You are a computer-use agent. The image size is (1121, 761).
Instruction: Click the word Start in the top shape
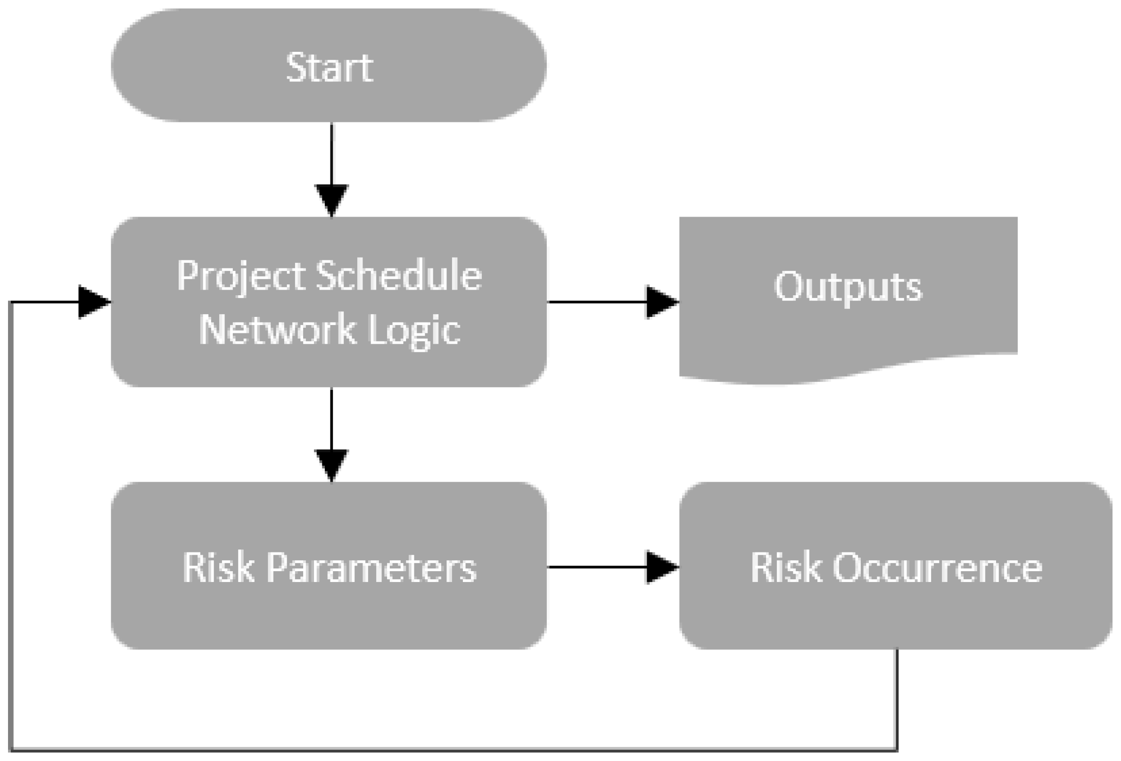click(329, 67)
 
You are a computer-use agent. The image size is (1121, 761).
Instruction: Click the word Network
click(277, 330)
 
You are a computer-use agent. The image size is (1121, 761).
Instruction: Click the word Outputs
click(848, 287)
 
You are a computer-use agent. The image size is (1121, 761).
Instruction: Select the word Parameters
click(371, 567)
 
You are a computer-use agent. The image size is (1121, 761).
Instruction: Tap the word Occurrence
click(937, 567)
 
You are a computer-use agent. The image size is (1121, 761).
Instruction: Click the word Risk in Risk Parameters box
click(218, 567)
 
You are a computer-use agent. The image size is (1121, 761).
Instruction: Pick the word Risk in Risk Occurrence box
click(786, 567)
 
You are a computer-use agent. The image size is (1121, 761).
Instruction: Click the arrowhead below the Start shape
click(331, 199)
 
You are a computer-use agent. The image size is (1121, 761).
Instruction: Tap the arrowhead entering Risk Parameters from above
click(331, 464)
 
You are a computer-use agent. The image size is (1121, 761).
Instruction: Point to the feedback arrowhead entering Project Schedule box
click(93, 302)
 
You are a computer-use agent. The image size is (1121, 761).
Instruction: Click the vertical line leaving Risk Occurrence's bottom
click(897, 699)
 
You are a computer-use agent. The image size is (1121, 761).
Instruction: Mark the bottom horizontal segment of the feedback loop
click(453, 750)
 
